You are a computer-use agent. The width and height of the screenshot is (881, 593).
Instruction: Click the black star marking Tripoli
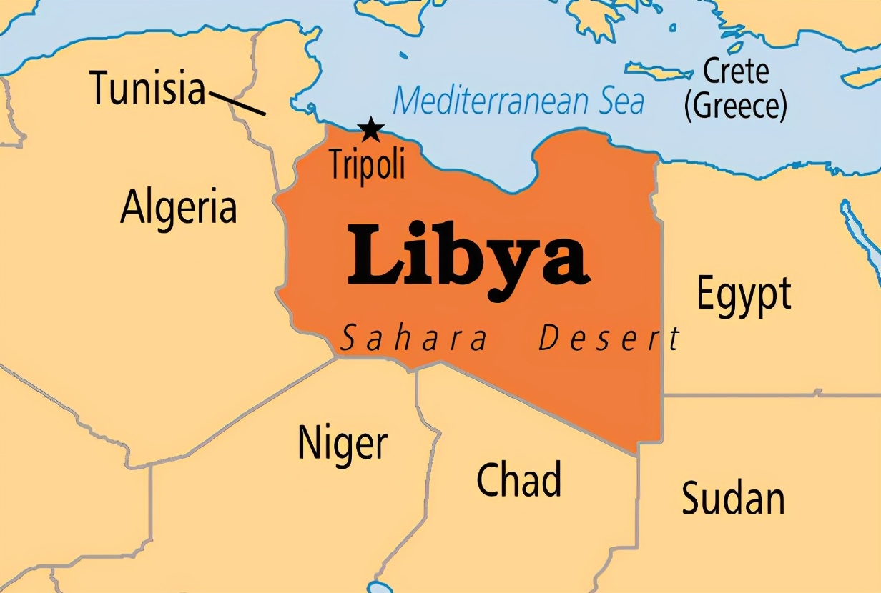pos(370,130)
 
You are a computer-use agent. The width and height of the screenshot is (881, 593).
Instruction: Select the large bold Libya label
pos(468,254)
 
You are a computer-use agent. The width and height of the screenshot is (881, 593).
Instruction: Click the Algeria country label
pos(178,207)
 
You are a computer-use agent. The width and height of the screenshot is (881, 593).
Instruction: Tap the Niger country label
pos(343,443)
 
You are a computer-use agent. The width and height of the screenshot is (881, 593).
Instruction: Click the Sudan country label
pos(733,497)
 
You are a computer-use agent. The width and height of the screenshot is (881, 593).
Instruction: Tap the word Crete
pos(736,71)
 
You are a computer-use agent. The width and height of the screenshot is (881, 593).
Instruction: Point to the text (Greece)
pos(736,106)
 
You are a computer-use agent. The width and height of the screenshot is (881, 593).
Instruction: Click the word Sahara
pos(413,337)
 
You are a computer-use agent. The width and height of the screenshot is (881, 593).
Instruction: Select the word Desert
pos(609,337)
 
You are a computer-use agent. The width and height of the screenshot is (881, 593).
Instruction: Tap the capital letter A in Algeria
pos(133,207)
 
